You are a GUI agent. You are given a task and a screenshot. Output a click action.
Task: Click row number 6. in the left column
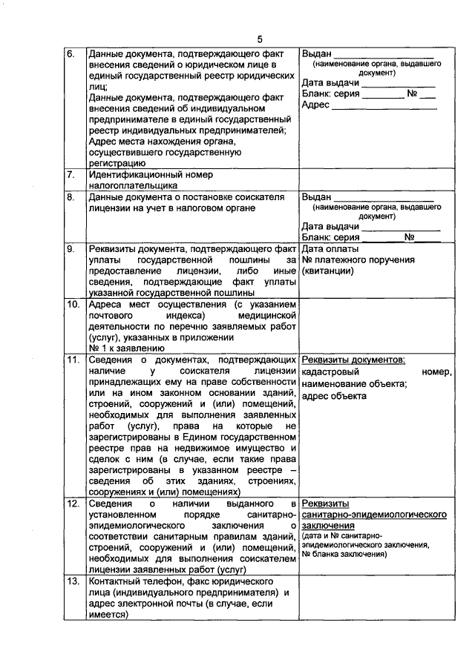71,54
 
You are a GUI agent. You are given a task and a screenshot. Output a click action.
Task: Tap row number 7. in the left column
71,175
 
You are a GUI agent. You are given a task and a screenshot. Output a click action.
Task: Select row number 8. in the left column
71,198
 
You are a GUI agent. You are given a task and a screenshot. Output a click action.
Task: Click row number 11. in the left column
73,360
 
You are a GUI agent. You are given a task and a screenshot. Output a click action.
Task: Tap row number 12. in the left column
73,504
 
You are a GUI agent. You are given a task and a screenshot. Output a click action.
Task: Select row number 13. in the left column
73,581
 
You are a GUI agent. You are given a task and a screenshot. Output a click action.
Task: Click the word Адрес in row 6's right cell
315,105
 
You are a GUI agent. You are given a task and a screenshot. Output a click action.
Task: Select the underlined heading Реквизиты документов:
353,360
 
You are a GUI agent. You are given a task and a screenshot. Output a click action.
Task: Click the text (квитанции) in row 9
327,271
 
